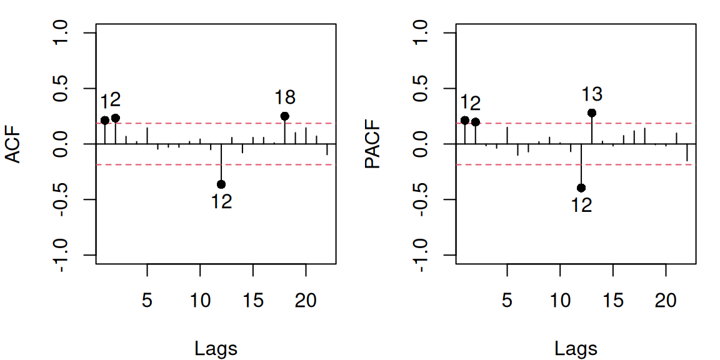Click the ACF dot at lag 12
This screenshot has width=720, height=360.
(221, 184)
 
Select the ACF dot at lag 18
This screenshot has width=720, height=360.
(285, 116)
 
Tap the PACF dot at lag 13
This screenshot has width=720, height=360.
(592, 113)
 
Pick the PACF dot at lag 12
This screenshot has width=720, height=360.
(581, 187)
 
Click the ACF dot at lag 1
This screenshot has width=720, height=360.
(105, 120)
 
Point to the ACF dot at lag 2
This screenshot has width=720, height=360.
(116, 118)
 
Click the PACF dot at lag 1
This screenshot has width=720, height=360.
(465, 120)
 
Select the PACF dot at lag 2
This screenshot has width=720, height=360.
(476, 122)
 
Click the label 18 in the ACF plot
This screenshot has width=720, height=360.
(285, 97)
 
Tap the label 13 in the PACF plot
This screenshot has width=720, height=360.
(592, 94)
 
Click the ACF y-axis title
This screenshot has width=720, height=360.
(14, 144)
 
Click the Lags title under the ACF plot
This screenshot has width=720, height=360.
(216, 348)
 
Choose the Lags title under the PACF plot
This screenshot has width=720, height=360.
(576, 348)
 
